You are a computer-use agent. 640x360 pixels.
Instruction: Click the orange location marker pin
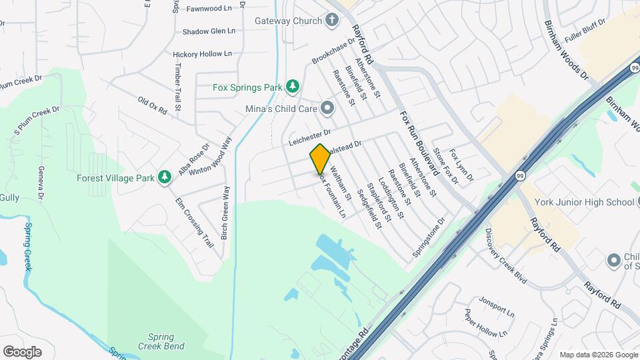click(320, 159)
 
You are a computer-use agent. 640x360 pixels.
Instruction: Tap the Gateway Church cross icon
click(331, 21)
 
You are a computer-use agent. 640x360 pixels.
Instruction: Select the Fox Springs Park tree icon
click(291, 87)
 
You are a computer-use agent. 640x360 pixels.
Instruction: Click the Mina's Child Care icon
click(327, 107)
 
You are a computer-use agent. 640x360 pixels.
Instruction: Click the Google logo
click(22, 351)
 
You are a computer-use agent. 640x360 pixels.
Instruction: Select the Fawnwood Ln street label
click(209, 9)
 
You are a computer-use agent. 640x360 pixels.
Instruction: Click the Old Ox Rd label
click(152, 106)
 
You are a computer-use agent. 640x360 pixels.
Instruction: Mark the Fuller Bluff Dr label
click(585, 31)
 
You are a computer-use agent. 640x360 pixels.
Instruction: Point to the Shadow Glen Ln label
click(209, 31)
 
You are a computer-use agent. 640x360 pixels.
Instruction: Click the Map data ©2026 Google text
click(598, 355)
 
